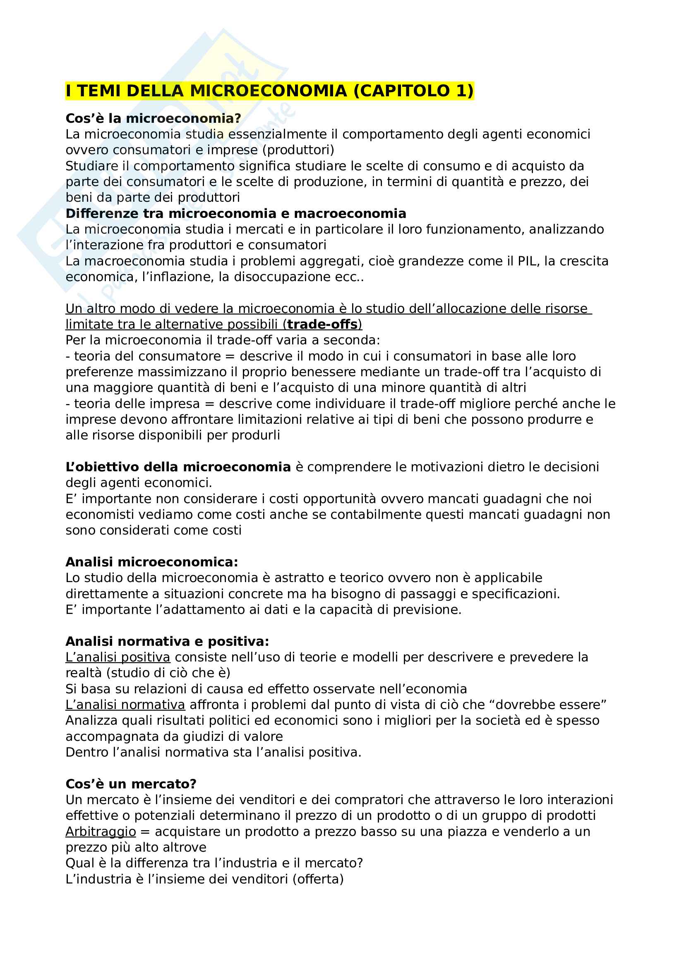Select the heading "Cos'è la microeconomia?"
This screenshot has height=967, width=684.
tap(153, 118)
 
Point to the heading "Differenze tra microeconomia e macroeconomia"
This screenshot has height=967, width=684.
tap(235, 213)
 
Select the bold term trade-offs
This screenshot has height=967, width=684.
tap(322, 325)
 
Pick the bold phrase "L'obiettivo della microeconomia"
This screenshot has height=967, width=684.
tap(178, 467)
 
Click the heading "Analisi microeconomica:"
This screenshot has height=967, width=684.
tap(152, 562)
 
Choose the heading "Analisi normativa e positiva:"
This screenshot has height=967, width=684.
tap(167, 642)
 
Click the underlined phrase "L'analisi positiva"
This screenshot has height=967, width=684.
tap(118, 657)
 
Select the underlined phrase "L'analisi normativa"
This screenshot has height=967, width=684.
tap(125, 705)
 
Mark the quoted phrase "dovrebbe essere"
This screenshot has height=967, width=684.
tap(551, 705)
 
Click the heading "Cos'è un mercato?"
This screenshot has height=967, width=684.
tap(131, 784)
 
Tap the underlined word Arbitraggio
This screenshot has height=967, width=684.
tap(101, 832)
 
